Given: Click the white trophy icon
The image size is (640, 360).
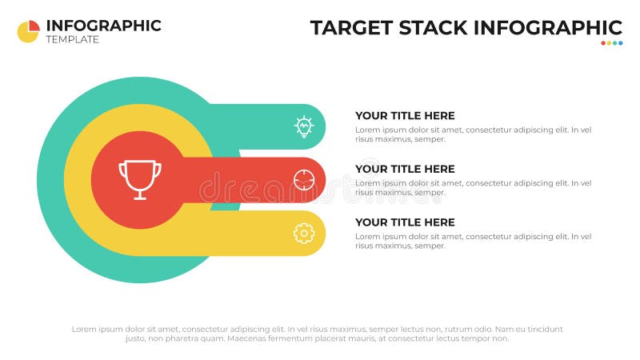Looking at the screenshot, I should tap(140, 179).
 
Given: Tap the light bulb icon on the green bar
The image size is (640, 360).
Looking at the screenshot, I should tap(304, 126).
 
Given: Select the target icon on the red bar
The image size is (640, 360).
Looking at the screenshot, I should tap(304, 179).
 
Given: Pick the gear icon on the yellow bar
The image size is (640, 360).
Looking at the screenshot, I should tap(304, 233).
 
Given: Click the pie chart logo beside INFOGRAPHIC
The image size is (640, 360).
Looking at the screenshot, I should tap(28, 31).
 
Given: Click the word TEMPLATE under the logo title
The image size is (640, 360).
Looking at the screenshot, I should tap(73, 39).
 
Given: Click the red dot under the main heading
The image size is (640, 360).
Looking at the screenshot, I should tap(603, 43).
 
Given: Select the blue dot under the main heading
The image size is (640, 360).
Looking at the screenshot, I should tap(620, 43).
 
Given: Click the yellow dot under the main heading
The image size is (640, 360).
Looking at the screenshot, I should tap(609, 43).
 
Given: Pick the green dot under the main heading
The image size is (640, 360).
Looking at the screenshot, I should tap(614, 43).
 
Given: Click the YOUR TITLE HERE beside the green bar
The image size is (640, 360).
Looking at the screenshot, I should tap(405, 115).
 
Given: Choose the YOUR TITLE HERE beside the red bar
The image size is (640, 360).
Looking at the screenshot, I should tap(405, 169).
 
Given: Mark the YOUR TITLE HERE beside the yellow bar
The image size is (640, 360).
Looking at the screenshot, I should tap(405, 222).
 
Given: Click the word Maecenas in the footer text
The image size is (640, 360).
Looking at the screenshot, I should tap(249, 338).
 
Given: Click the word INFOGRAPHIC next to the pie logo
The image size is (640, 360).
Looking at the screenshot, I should tap(104, 25).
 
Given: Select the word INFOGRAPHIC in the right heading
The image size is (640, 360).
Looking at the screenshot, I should tap(548, 27).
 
